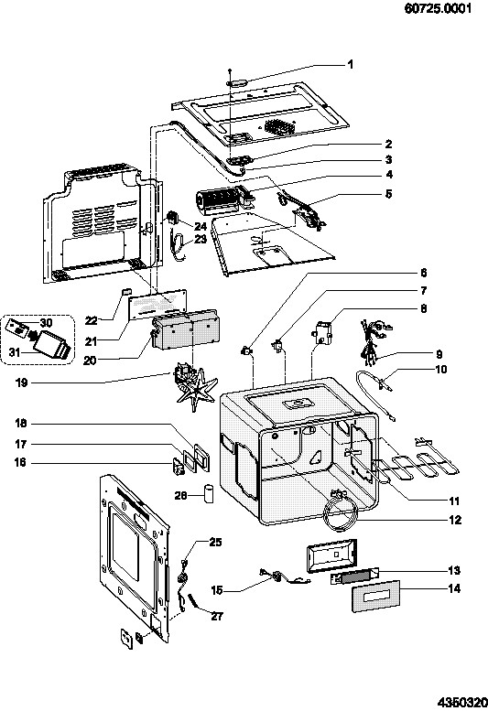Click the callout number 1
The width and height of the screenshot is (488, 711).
[x=350, y=64]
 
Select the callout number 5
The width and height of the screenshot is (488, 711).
[x=389, y=194]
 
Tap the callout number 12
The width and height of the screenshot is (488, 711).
[x=455, y=520]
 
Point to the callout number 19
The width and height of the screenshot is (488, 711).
[x=21, y=382]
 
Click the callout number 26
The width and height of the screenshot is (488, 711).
[x=181, y=496]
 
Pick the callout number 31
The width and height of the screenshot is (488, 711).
[x=15, y=352]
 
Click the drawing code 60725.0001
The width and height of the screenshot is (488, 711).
[x=438, y=8]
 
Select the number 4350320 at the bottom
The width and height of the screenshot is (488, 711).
[x=462, y=703]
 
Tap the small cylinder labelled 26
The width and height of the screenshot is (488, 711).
[x=209, y=493]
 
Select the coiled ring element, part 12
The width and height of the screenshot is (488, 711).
[x=342, y=512]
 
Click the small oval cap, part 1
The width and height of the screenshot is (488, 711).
[x=236, y=83]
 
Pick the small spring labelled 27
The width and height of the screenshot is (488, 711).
[x=194, y=601]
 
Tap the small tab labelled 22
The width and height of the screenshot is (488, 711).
[x=126, y=290]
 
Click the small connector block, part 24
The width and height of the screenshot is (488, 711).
[x=174, y=218]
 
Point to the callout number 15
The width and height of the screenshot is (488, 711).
[x=217, y=590]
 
